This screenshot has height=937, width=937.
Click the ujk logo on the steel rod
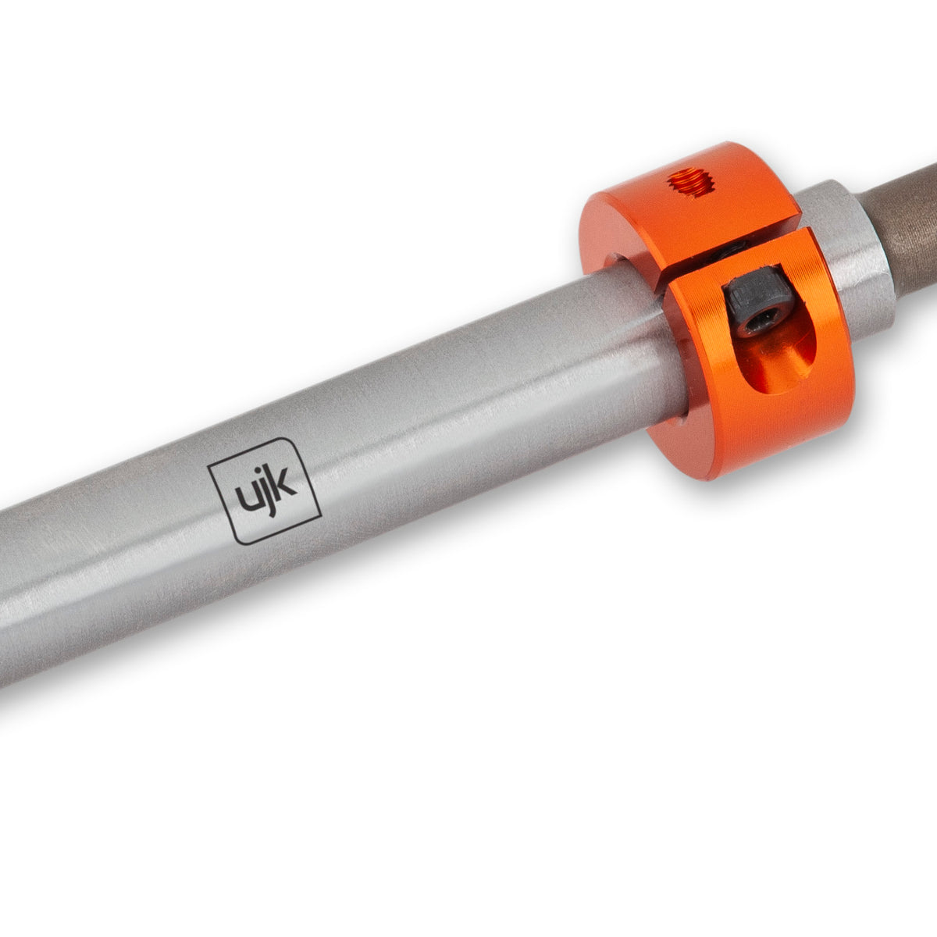(x=265, y=490)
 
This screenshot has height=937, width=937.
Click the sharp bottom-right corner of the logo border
(x=320, y=511)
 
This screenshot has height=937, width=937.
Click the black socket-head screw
(x=756, y=301)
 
